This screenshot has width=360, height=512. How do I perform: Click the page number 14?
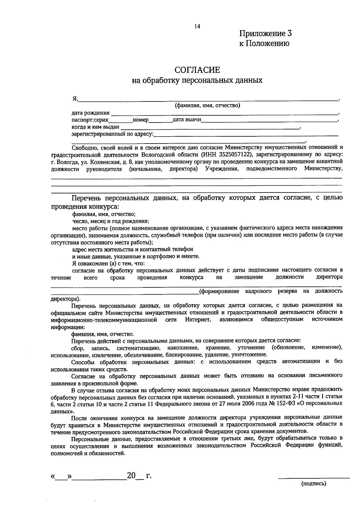click(197, 26)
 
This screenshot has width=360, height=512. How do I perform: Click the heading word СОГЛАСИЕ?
click(197, 70)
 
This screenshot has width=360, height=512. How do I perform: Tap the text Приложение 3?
click(265, 33)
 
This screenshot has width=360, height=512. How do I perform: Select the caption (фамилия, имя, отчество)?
click(208, 105)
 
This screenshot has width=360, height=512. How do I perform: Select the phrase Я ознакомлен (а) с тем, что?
click(108, 263)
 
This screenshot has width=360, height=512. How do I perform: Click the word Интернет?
click(198, 320)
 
